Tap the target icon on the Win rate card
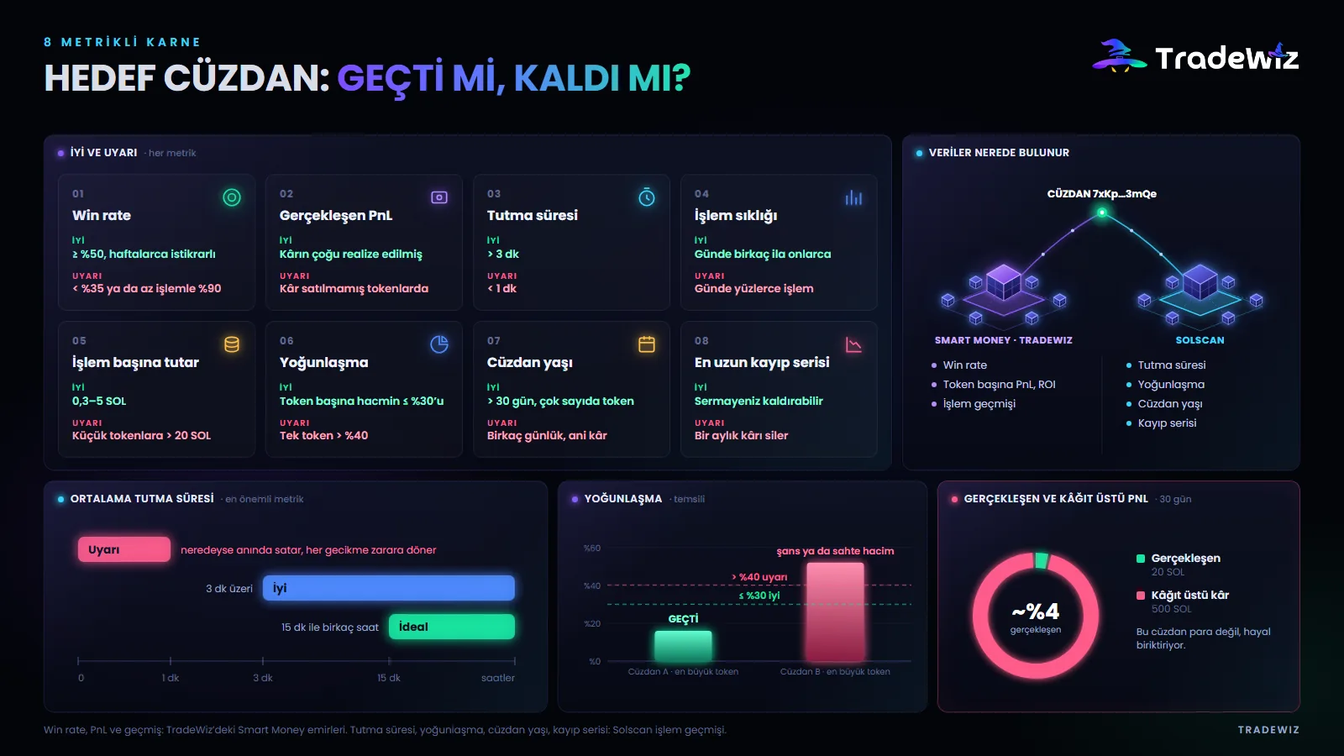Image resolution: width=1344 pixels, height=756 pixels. click(232, 197)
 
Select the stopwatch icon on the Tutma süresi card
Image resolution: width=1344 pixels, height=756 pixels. click(646, 197)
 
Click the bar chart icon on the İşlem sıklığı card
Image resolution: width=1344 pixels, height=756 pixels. click(853, 197)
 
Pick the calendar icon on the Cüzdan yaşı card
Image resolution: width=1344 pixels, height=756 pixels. click(646, 344)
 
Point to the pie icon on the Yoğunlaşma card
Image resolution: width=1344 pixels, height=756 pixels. click(439, 344)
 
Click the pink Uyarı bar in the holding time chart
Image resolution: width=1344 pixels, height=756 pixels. click(124, 549)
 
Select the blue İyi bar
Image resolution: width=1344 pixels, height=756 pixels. click(389, 588)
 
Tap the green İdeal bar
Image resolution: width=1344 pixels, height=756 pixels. click(452, 627)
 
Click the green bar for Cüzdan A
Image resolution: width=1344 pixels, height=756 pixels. click(683, 646)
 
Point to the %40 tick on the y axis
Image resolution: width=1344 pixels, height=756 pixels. click(592, 585)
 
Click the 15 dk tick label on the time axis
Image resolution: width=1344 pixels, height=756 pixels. click(389, 677)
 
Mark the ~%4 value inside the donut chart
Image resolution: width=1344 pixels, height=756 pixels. click(1036, 612)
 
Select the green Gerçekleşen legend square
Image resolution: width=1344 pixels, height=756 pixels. click(1141, 559)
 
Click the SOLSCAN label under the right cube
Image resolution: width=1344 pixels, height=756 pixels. click(1200, 340)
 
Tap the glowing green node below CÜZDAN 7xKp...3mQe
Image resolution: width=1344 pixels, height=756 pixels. click(1101, 213)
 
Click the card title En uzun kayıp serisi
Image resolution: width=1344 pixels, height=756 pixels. click(762, 362)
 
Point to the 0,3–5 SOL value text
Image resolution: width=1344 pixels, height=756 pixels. click(99, 401)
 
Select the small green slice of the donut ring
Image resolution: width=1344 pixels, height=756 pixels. click(1042, 560)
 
